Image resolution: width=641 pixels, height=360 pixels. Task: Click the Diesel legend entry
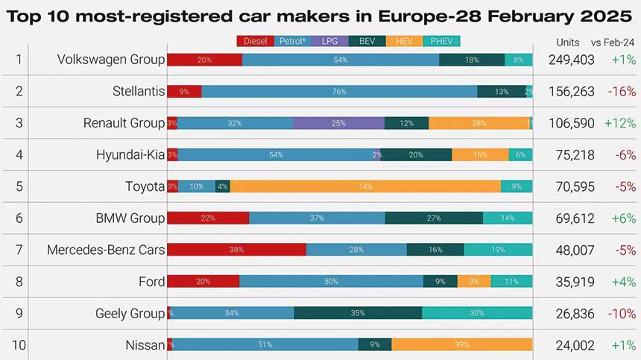[x=256, y=42]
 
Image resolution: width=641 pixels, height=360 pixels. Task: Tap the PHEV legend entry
[x=441, y=42]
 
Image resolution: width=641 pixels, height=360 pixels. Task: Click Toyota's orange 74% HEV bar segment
[x=365, y=186]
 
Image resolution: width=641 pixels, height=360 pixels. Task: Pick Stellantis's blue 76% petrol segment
[x=339, y=92]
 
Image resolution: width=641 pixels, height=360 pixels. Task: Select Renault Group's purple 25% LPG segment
[x=338, y=123]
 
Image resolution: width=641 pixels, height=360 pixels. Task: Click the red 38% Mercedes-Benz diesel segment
[x=236, y=250]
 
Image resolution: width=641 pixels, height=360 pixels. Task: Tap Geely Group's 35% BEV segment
[x=358, y=313]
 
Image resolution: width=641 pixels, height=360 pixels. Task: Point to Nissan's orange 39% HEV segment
[x=461, y=344]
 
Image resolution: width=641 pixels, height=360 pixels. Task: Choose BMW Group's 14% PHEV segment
[x=508, y=218]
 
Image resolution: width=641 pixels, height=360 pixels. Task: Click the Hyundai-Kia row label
[x=130, y=155]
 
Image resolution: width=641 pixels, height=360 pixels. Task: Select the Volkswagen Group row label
[x=110, y=60]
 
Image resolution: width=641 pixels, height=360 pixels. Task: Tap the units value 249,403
[x=571, y=60]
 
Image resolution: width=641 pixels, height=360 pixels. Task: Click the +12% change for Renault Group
[x=619, y=123]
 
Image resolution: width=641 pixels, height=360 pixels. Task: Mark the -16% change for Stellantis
[x=621, y=92]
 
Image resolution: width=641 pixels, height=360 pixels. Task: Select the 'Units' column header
[x=568, y=42]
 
